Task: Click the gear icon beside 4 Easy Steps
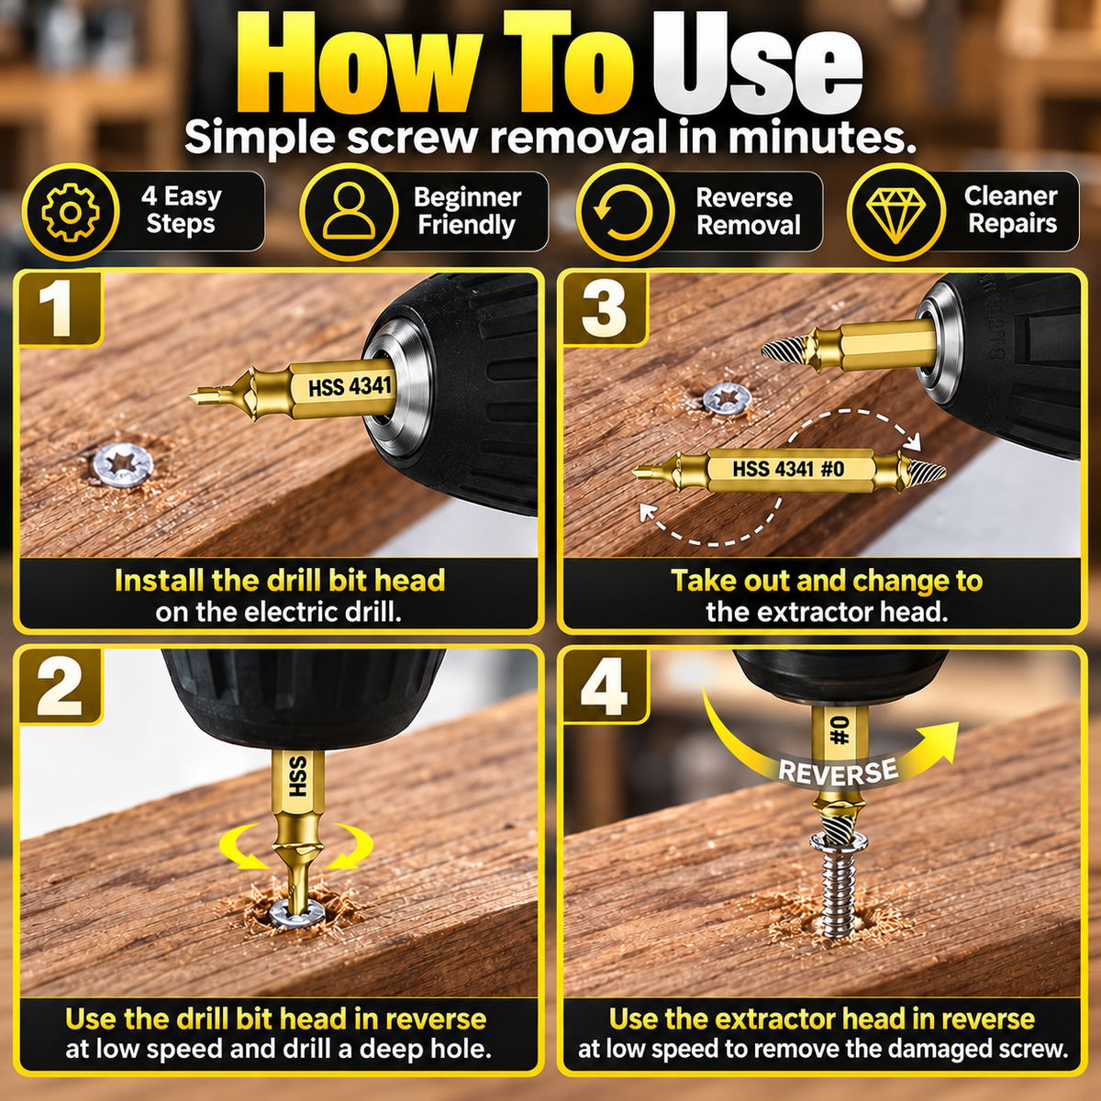coord(71,212)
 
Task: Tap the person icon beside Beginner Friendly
coord(349,211)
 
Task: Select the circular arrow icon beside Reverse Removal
coord(624,212)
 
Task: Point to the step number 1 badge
coord(60,308)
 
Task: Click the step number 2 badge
coord(60,685)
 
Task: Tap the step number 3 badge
coord(605,308)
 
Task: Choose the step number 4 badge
coord(605,685)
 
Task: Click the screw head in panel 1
coord(124,464)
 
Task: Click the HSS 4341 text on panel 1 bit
coord(350,387)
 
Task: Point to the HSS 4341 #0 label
coord(788,469)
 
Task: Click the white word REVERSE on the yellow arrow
coord(839,771)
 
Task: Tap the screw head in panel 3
coord(727,399)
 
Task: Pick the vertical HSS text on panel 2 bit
coord(298,776)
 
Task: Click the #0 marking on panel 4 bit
coord(840,732)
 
